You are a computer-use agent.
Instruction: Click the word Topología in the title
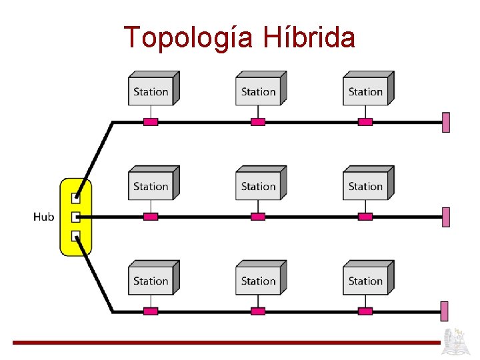pyautogui.click(x=189, y=38)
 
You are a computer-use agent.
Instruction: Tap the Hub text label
pyautogui.click(x=43, y=217)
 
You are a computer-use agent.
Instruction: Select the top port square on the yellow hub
pyautogui.click(x=75, y=198)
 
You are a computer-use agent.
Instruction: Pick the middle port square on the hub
pyautogui.click(x=75, y=217)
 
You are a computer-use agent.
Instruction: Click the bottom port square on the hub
pyautogui.click(x=75, y=235)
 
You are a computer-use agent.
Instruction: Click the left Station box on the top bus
pyautogui.click(x=151, y=90)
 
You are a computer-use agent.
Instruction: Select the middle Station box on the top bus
pyautogui.click(x=259, y=90)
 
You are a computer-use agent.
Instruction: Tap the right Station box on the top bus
pyautogui.click(x=366, y=90)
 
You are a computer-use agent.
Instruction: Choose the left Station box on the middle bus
pyautogui.click(x=151, y=185)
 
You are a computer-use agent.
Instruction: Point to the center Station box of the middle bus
pyautogui.click(x=259, y=185)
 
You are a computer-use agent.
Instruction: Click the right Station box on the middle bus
pyautogui.click(x=366, y=185)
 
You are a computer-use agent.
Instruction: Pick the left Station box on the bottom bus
pyautogui.click(x=151, y=279)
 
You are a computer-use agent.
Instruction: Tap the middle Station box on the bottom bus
pyautogui.click(x=259, y=279)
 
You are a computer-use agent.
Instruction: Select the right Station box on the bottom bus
pyautogui.click(x=366, y=279)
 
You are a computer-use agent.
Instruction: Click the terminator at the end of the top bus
pyautogui.click(x=445, y=123)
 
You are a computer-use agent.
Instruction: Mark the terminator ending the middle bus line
pyautogui.click(x=445, y=217)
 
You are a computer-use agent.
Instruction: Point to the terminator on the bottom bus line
pyautogui.click(x=445, y=311)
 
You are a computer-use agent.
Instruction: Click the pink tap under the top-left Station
pyautogui.click(x=151, y=122)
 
